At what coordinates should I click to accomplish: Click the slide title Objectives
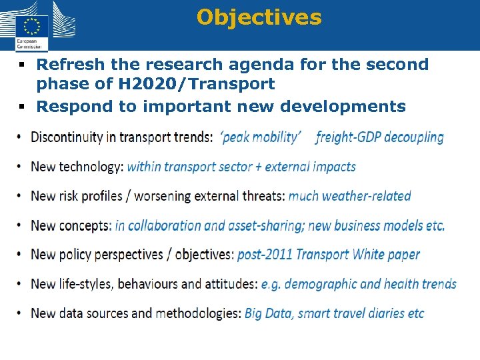[x=259, y=17]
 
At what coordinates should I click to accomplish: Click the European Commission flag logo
[x=31, y=26]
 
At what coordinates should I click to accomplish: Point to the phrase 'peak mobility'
[x=261, y=137]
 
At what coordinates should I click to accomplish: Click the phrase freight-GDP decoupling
[x=379, y=137]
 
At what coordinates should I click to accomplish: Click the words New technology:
[x=77, y=167]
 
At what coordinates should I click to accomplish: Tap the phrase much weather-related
[x=349, y=196]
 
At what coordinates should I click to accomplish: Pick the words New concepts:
[x=71, y=225]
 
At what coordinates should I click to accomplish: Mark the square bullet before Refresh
[x=22, y=65]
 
